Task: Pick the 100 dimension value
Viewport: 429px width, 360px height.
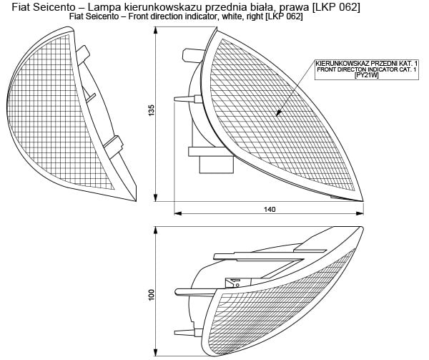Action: coord(152,295)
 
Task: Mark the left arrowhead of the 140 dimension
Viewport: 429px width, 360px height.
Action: coord(179,213)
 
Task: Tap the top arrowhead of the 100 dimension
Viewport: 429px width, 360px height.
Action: coord(156,229)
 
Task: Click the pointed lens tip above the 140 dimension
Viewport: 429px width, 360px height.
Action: coord(363,200)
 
